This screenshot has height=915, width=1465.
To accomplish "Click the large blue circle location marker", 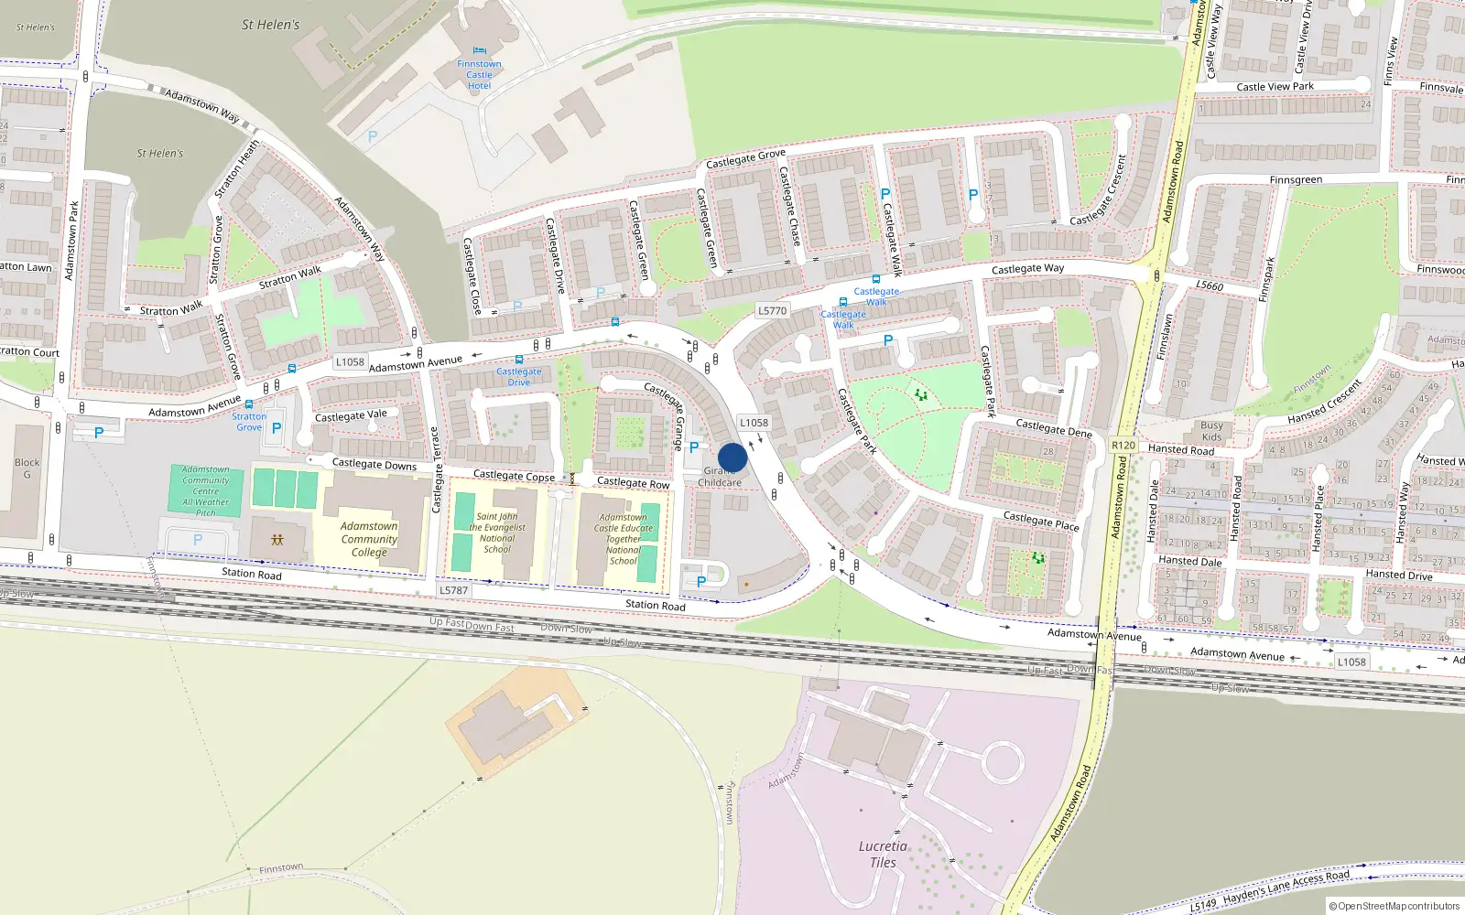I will [x=732, y=457].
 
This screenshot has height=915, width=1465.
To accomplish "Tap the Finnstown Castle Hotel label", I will [x=479, y=75].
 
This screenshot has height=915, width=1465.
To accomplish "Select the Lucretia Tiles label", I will [x=883, y=854].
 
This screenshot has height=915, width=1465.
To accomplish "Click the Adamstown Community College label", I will [x=369, y=539].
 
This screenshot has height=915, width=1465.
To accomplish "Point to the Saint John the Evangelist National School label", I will [x=497, y=533].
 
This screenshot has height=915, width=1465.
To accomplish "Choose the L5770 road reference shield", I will [x=772, y=310].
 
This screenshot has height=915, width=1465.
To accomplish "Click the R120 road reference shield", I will [x=1123, y=446].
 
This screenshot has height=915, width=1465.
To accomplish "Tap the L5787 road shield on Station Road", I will [x=453, y=590].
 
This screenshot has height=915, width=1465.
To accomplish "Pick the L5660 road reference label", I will [x=1210, y=285].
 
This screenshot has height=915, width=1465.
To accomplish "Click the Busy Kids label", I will [x=1211, y=431].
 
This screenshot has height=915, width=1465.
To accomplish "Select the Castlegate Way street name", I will [x=1027, y=269].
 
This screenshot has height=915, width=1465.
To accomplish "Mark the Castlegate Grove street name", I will [x=745, y=159].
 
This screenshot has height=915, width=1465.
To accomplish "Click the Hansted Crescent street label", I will [x=1324, y=400].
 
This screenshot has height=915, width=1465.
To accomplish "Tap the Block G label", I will [x=27, y=468].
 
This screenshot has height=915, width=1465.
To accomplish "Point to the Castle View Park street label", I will [x=1275, y=87].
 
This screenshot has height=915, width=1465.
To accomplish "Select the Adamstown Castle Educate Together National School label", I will [x=623, y=539].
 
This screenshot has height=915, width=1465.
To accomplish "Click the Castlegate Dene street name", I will [x=1054, y=427].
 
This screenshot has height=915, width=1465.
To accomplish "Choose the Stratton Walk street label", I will [x=289, y=276].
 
